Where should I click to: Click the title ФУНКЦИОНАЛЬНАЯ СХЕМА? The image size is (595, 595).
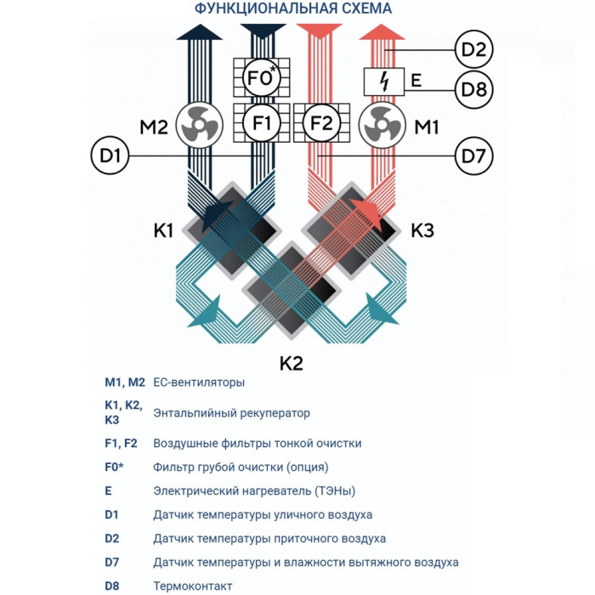pos(293,9)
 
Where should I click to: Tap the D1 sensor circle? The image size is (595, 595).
pos(108,156)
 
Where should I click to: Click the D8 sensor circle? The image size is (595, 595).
pos(473,88)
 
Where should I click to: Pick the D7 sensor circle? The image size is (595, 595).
pos(473,156)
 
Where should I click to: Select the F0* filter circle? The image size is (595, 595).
pos(262,78)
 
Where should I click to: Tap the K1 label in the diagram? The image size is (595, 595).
pos(164,229)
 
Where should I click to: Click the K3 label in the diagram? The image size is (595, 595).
pos(422,229)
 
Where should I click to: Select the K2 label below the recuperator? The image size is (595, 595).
pos(292,363)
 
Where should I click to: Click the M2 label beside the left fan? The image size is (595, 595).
pos(154,127)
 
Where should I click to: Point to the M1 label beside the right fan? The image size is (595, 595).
pos(427,127)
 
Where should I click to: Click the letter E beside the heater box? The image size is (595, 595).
pos(416,82)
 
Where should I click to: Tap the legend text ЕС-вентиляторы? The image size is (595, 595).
pos(199,382)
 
